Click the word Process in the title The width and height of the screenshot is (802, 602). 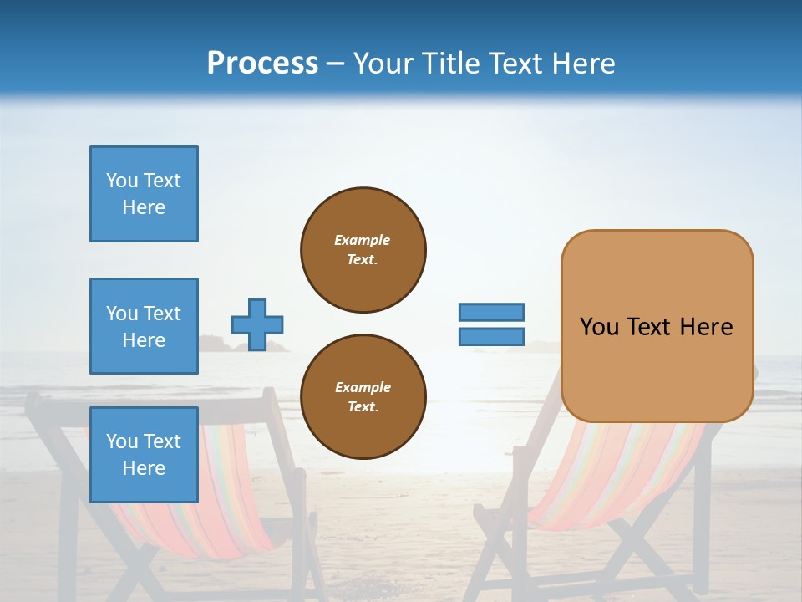tap(262, 64)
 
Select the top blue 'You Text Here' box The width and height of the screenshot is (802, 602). tap(144, 194)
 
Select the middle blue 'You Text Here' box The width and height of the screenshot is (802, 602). tap(144, 326)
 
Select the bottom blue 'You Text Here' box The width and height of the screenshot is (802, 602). tap(144, 455)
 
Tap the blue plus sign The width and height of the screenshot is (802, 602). tap(257, 324)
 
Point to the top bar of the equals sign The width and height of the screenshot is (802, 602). tap(491, 312)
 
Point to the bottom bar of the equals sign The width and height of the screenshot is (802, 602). tap(491, 336)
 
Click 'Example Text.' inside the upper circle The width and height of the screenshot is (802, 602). tap(363, 249)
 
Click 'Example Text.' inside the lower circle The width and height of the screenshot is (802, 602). tap(363, 396)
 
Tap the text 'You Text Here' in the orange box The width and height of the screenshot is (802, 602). tap(656, 327)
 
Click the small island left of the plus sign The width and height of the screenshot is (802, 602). tap(216, 343)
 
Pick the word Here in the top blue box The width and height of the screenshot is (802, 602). tap(144, 207)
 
